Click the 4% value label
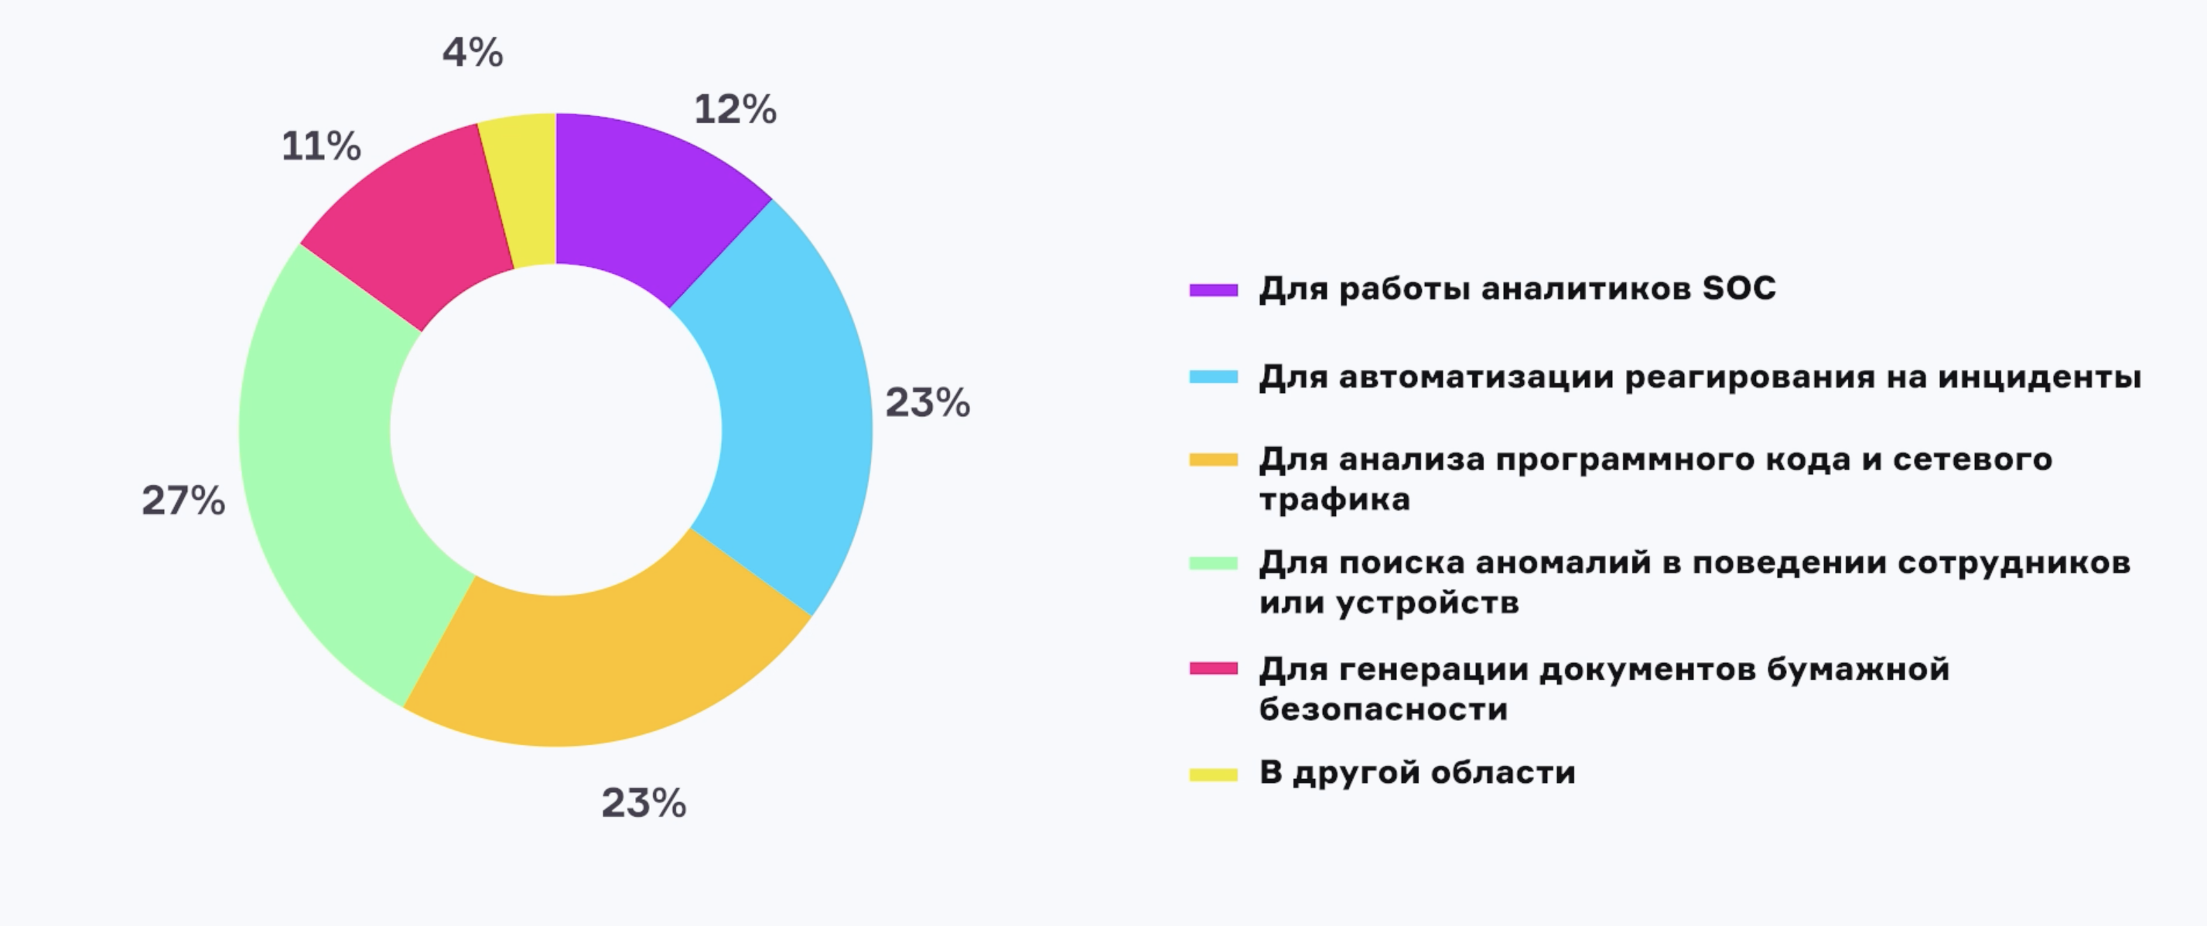click(472, 53)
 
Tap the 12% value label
click(735, 110)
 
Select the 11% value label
click(321, 145)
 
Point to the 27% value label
click(183, 501)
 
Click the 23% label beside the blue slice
click(927, 402)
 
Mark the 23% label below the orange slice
click(644, 804)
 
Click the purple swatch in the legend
click(1213, 290)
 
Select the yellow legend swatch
click(1213, 775)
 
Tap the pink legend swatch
click(1213, 669)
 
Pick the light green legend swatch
click(1213, 564)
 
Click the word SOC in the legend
click(1738, 289)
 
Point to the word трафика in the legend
click(1334, 500)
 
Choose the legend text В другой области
click(1416, 774)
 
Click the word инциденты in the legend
click(2039, 377)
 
